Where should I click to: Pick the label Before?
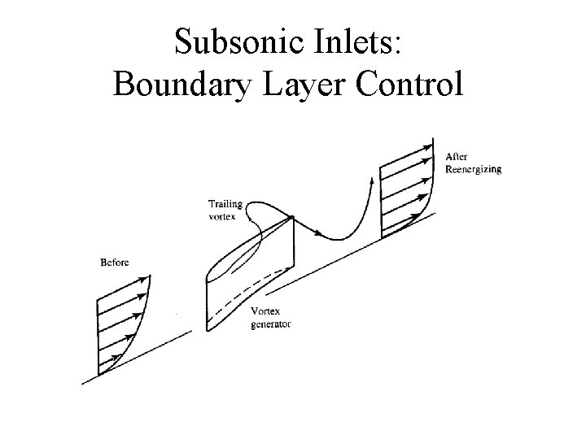click(114, 262)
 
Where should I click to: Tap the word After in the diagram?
click(457, 156)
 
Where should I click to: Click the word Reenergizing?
click(473, 169)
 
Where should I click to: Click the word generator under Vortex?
click(272, 324)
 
